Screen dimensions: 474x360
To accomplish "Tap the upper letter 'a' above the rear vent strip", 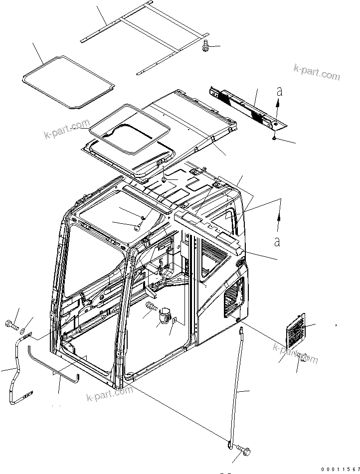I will [x=279, y=92].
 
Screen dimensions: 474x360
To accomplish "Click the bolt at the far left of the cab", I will [x=12, y=326].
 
